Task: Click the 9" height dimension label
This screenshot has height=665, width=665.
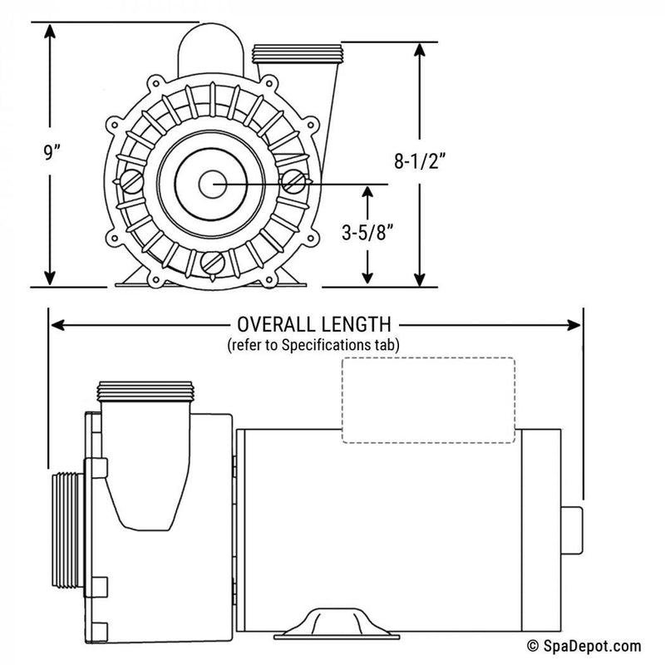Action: [27, 154]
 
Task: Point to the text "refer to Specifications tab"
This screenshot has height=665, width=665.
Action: [314, 343]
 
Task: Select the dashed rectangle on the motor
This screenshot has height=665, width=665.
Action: [428, 399]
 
